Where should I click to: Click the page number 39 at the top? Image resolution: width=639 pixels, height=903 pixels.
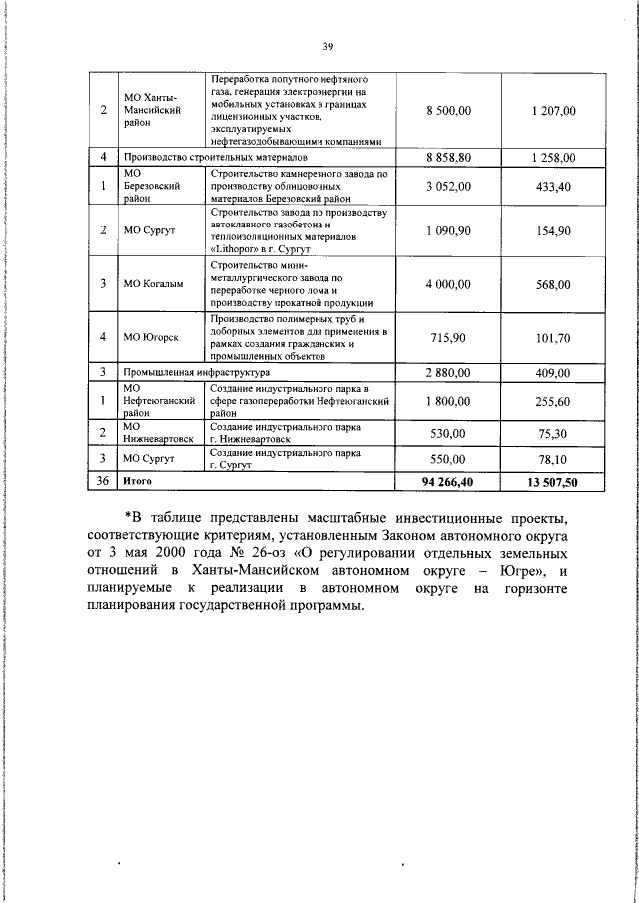[327, 45]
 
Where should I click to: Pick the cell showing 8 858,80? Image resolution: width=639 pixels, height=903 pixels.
[447, 158]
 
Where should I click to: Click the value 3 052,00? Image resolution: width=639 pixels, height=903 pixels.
[447, 186]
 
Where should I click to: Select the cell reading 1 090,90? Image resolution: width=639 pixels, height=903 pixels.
[447, 230]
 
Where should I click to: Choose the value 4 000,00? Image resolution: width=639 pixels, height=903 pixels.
[447, 284]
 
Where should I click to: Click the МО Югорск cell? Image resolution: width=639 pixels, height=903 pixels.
[151, 337]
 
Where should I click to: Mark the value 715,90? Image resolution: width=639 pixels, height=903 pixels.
[447, 337]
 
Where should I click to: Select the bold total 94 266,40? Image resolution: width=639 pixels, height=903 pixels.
[447, 481]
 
